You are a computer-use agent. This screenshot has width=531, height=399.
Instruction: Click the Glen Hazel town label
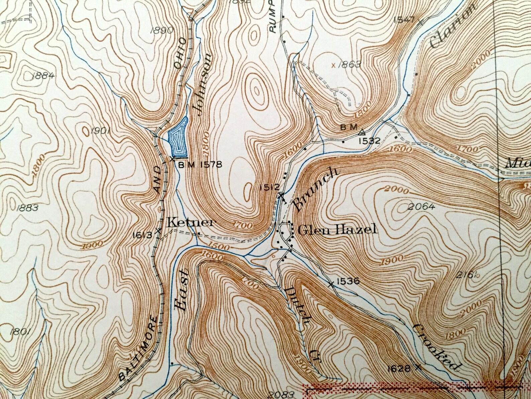tap(337, 229)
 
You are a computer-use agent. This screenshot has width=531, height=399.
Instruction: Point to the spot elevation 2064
tap(422, 207)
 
